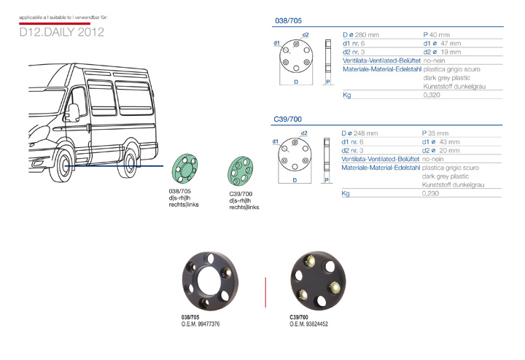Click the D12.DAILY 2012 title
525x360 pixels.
62,33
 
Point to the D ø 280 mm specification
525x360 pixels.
360,34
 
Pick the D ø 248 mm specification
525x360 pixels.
360,133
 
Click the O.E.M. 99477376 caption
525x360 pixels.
201,323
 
